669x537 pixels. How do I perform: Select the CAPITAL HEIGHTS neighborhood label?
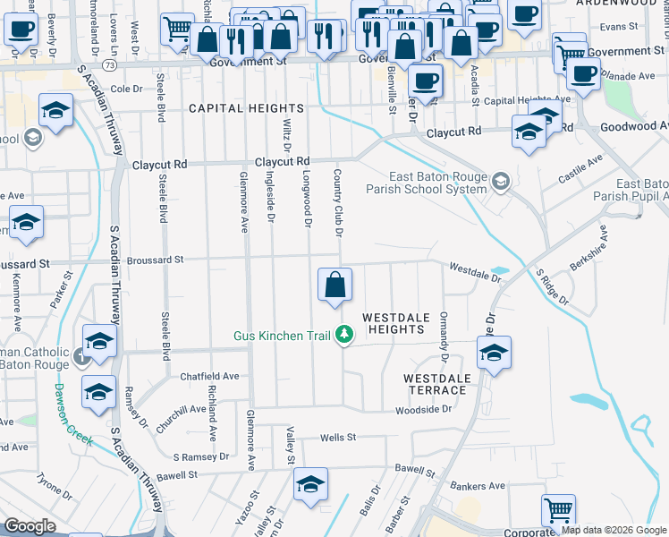click(x=246, y=108)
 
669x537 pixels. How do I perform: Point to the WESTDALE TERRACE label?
click(x=437, y=385)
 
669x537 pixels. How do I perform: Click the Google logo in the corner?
click(x=30, y=526)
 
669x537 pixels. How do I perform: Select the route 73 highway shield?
click(x=108, y=65)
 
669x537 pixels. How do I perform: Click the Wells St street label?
click(x=339, y=438)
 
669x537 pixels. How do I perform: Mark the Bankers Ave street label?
click(x=478, y=487)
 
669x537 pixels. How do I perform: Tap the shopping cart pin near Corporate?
click(x=558, y=511)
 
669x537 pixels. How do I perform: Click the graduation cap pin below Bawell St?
click(x=310, y=484)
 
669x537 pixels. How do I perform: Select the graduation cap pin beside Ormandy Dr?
click(x=493, y=353)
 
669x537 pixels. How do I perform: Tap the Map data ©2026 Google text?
click(x=614, y=530)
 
